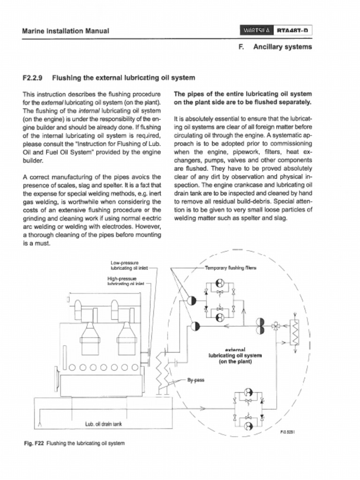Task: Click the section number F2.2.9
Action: [x=33, y=77]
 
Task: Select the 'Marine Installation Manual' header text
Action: [x=66, y=31]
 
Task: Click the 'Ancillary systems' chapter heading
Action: [x=282, y=47]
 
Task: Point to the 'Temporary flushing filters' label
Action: [x=230, y=269]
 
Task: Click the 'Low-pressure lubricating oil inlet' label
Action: [x=129, y=266]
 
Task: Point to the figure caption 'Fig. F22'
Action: [x=33, y=443]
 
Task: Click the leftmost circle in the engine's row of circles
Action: [x=72, y=367]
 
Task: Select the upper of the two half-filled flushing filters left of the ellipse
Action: [x=192, y=300]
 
